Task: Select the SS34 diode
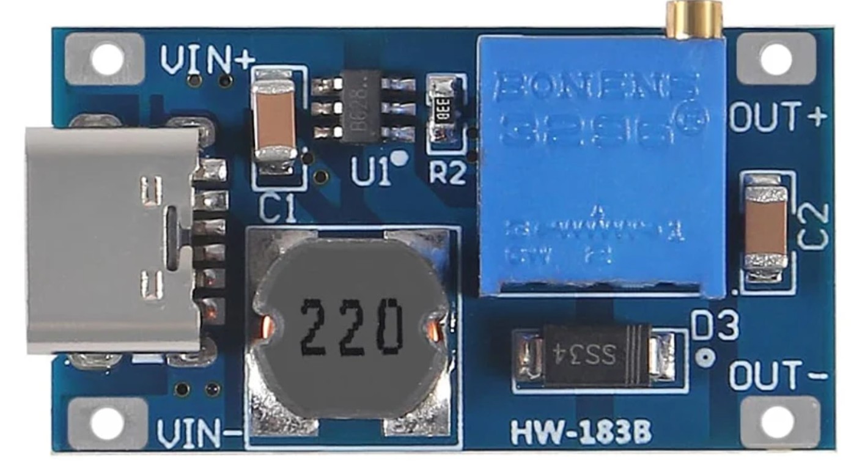pos(597,355)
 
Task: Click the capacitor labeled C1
pos(275,121)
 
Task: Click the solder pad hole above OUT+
pos(776,59)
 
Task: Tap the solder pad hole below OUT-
pos(776,422)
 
